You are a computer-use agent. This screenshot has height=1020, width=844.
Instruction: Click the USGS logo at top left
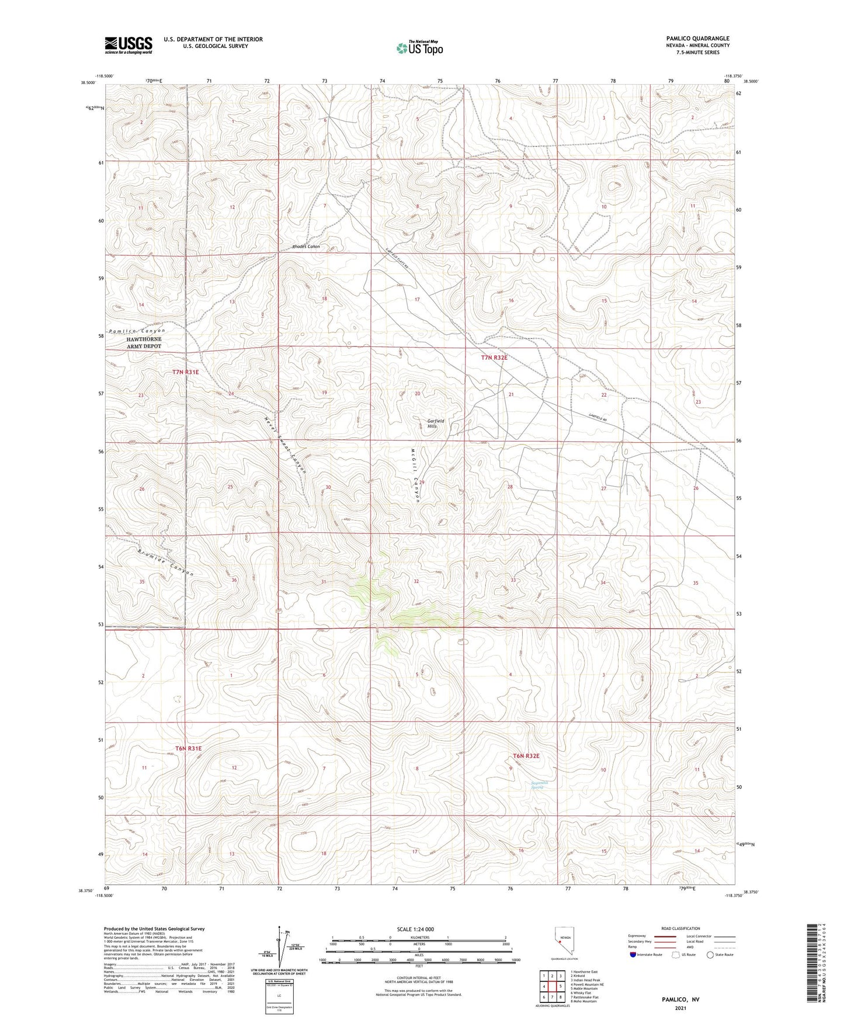[128, 45]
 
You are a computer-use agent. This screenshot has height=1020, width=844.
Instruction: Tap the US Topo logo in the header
[419, 48]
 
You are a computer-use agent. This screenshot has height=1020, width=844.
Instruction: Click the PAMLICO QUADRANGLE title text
[697, 39]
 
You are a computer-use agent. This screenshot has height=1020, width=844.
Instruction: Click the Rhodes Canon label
[305, 247]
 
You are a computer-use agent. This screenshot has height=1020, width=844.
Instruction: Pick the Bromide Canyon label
[165, 563]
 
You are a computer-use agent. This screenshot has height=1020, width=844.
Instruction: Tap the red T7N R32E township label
[494, 358]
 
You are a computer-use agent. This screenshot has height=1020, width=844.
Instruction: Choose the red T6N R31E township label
[188, 748]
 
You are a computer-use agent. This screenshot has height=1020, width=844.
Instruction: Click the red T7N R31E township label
[186, 372]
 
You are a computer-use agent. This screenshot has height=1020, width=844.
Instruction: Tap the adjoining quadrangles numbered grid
[551, 986]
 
